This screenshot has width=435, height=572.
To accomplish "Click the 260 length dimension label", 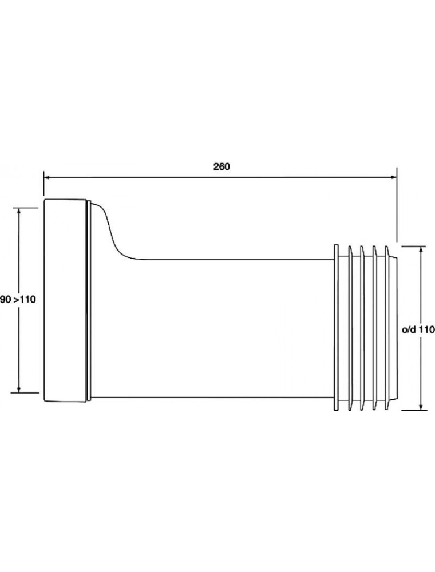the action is [x=222, y=166].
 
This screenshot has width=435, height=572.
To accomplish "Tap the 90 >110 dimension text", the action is [x=18, y=300].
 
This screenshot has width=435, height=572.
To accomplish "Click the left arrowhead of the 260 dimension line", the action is [x=47, y=178].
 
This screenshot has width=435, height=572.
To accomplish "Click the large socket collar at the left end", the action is [x=65, y=301].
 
